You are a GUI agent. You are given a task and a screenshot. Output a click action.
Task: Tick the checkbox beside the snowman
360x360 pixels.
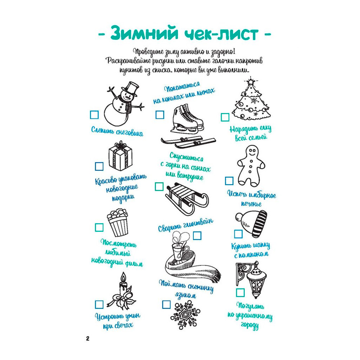[x=94, y=115]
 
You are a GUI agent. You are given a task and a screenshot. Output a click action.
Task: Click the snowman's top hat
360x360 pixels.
[x=130, y=89]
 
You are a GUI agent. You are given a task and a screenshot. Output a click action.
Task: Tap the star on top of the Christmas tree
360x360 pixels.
[x=251, y=81]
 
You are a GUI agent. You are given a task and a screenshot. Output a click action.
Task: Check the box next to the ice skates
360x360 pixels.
[x=160, y=114]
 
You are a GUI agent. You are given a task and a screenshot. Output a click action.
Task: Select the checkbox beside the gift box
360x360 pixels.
[x=99, y=166]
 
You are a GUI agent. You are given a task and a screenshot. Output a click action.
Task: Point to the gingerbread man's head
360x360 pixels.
[x=252, y=152]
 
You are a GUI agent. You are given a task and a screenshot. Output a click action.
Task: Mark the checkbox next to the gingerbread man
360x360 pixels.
[x=229, y=181]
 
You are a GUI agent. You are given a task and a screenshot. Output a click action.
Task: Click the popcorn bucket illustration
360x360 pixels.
[x=118, y=222]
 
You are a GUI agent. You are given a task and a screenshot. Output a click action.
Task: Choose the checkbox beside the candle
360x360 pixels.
[x=99, y=305]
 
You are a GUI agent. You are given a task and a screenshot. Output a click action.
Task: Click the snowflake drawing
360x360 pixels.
[x=185, y=315]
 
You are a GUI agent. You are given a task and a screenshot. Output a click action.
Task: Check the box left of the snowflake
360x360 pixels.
[x=166, y=305]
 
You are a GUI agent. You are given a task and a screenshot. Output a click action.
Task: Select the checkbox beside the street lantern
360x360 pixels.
[x=240, y=292]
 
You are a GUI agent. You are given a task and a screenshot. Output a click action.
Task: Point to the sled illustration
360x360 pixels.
[x=187, y=198]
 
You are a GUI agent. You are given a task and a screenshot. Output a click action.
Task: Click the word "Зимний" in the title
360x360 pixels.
[x=144, y=33]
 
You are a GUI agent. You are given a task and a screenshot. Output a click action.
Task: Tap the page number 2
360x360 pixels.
[x=87, y=338]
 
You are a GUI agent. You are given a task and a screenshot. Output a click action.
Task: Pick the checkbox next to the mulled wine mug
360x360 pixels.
[x=197, y=235]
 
